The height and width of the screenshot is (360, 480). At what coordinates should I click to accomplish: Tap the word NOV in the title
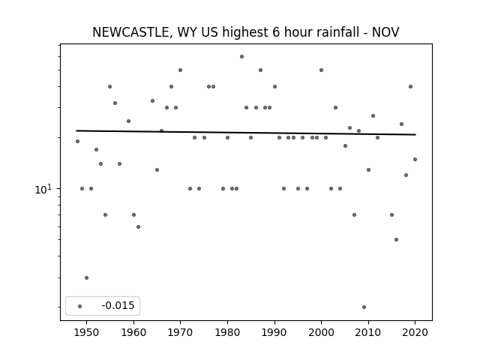pos(385,32)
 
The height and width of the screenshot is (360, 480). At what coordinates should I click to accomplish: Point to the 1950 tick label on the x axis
pos(87,332)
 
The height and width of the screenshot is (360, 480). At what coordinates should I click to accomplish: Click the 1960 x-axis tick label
pos(133,332)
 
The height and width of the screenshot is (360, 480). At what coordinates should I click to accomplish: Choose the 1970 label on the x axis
pos(180,332)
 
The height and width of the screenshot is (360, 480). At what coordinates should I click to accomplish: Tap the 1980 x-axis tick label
pos(227,332)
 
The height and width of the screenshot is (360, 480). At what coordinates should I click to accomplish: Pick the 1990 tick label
pos(274,332)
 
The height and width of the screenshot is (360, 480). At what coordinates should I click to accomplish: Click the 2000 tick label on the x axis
pos(321,332)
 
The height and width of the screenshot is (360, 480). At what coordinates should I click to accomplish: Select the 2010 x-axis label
pos(368,332)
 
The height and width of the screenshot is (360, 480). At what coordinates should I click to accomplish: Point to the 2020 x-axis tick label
pos(415,332)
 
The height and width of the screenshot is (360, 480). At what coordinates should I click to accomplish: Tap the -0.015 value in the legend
pos(118,305)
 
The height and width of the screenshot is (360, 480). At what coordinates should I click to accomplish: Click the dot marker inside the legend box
pos(79,306)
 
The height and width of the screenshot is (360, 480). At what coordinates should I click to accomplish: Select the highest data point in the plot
pos(241,57)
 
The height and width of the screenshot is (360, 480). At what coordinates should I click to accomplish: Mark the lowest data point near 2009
pos(364,307)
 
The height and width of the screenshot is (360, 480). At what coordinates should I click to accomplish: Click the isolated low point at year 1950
pos(87,278)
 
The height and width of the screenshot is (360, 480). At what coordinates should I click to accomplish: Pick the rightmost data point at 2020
pos(415,159)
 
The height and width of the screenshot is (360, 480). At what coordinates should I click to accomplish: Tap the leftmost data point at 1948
pos(77,142)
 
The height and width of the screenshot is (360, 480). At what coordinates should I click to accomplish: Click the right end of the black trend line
pos(415,134)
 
